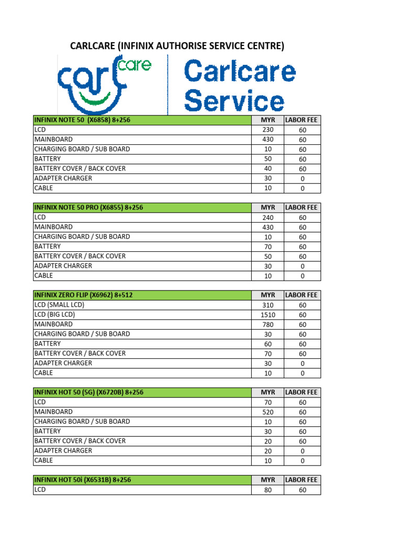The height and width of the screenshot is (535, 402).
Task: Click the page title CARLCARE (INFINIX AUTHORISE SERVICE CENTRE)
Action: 177,46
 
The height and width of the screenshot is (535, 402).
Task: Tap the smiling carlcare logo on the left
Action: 103,84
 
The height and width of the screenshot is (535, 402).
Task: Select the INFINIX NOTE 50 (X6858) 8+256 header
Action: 82,120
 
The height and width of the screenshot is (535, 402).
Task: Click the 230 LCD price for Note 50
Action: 268,130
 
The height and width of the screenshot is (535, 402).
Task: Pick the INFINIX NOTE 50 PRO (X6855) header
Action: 88,207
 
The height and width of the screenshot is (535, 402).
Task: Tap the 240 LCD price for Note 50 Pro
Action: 268,217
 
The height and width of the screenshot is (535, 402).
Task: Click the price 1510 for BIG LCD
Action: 268,315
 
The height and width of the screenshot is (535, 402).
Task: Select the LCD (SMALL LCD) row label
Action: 59,305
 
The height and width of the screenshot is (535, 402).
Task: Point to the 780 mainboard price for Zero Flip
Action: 268,324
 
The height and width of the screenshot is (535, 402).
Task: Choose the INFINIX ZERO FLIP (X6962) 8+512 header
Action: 83,295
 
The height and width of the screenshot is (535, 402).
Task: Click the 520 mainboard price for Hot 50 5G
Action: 268,412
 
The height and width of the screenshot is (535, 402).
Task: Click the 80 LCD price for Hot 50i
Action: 268,490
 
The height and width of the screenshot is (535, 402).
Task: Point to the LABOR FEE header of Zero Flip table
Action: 301,295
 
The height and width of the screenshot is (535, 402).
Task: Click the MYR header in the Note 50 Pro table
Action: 268,208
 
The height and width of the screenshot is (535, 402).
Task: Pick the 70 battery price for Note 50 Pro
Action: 268,247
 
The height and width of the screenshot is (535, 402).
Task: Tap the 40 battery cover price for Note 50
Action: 268,169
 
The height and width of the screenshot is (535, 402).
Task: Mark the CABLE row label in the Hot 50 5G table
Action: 43,460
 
